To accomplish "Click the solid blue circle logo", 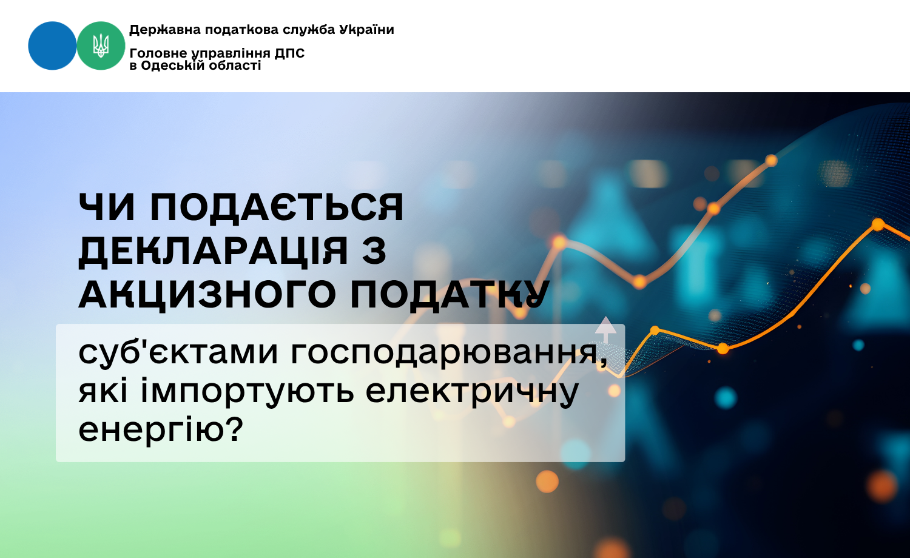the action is pos(52,46).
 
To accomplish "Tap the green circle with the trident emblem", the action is pos(101,46).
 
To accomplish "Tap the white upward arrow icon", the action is pos(605,330).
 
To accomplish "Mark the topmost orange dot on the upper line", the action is pos(771,161).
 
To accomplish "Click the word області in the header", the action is pos(235,66).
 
